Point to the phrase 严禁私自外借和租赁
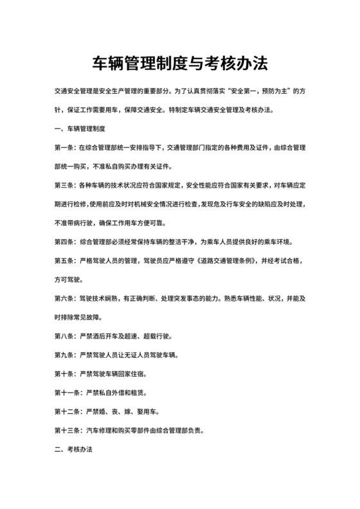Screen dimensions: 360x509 (x=113, y=392)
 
